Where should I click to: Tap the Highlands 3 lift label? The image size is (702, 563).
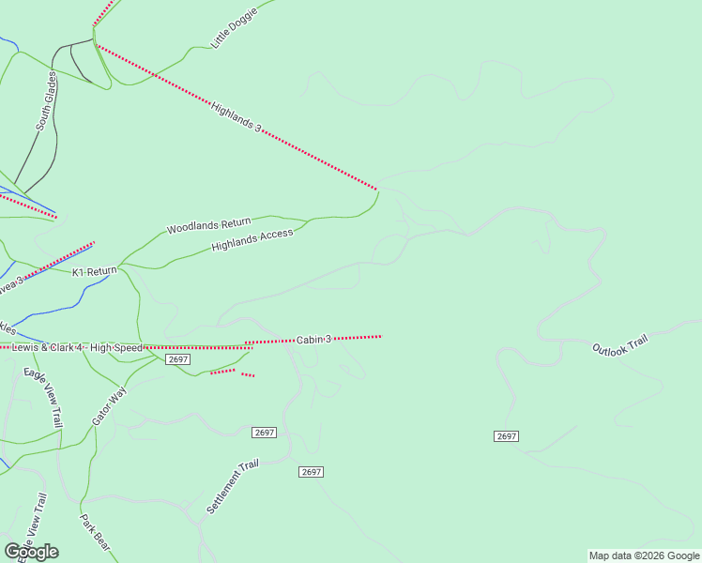(236, 115)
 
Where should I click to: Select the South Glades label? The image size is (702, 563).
(47, 104)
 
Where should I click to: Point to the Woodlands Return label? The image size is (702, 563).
(208, 225)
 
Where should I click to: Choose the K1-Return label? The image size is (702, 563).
(95, 272)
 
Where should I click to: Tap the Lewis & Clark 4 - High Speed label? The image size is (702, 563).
(77, 348)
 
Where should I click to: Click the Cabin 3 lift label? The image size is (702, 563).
(314, 339)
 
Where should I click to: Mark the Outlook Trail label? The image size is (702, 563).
(619, 344)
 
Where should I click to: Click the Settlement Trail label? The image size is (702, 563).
(231, 486)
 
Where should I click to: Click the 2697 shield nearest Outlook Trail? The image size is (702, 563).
(506, 436)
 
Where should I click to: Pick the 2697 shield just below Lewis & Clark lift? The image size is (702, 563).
(178, 359)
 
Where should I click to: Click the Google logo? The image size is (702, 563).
(31, 552)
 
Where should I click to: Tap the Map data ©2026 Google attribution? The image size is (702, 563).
(644, 555)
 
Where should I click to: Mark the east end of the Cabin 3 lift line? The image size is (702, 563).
(381, 335)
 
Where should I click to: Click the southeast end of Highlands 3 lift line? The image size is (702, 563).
(377, 189)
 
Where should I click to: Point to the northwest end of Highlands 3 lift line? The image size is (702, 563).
(95, 43)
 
